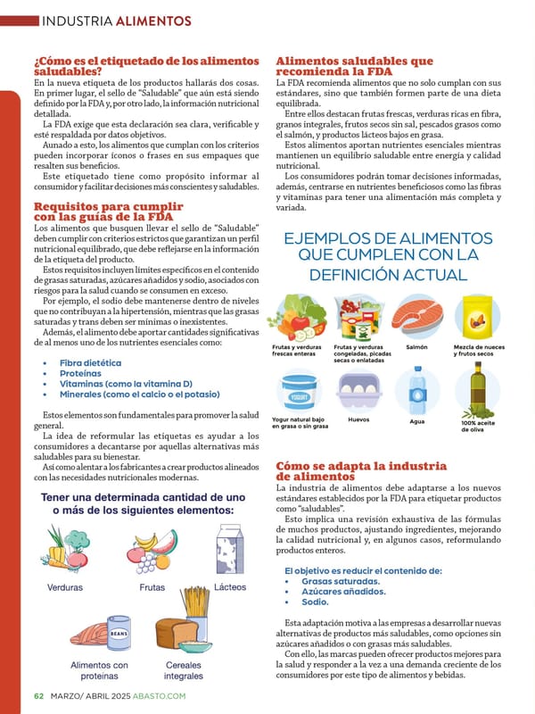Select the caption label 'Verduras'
(64, 587)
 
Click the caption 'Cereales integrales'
(183, 670)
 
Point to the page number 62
(38, 696)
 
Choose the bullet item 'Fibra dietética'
(90, 363)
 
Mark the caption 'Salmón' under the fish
(416, 347)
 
